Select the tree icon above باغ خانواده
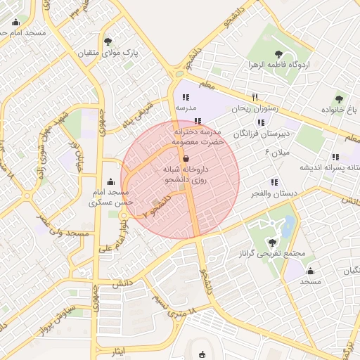[339, 99]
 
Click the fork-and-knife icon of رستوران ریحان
[255, 98]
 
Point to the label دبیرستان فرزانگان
[264, 132]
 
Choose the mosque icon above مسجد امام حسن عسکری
[110, 181]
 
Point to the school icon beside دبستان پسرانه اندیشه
[335, 156]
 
